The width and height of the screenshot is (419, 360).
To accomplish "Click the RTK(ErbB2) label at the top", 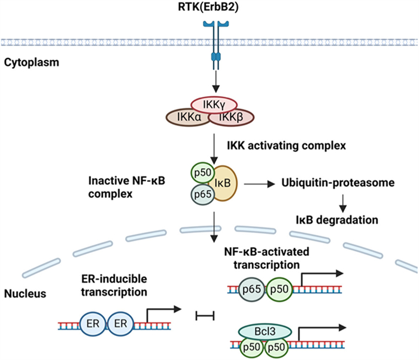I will (x=215, y=8).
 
